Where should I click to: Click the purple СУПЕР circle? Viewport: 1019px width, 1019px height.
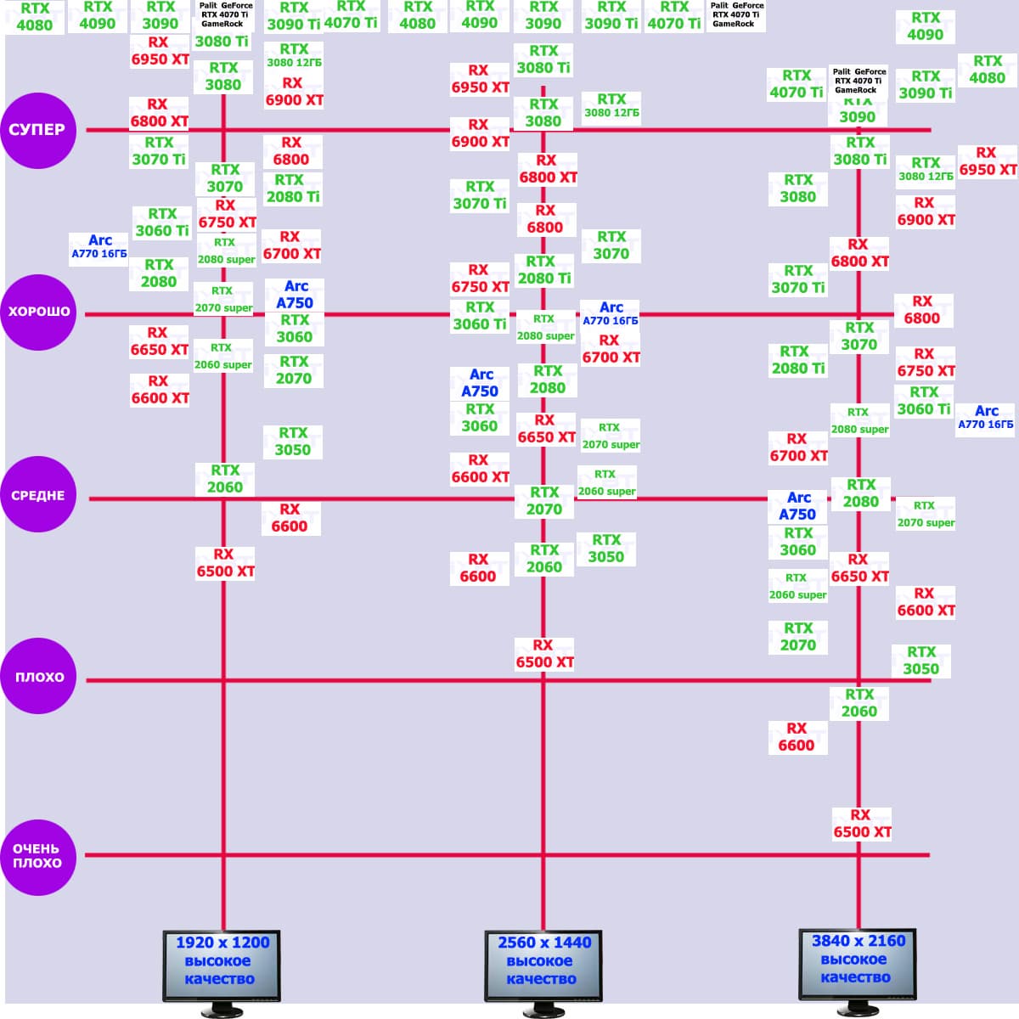tap(38, 130)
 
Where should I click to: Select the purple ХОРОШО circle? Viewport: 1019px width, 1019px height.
tap(38, 312)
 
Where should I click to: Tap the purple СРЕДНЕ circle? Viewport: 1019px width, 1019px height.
tap(38, 495)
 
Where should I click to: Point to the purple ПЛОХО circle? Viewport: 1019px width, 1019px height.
tap(38, 677)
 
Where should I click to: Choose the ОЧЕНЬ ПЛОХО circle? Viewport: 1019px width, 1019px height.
tap(38, 856)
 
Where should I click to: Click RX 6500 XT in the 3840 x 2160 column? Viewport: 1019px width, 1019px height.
tap(862, 824)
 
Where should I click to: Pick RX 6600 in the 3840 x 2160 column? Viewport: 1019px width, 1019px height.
tap(797, 737)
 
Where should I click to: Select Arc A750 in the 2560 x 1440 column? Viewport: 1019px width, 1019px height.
tap(480, 383)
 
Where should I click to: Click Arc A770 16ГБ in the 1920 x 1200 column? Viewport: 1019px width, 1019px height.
tap(99, 246)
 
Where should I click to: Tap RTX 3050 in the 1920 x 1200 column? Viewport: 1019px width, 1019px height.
tap(293, 442)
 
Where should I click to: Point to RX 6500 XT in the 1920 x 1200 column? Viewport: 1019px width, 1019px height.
tap(225, 563)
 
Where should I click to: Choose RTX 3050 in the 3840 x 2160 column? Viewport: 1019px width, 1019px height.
tap(921, 661)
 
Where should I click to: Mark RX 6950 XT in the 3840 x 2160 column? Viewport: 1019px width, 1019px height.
tap(988, 161)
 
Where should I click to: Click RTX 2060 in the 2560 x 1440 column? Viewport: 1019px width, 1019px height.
tap(544, 559)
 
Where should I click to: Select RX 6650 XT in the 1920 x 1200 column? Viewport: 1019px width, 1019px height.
tap(159, 341)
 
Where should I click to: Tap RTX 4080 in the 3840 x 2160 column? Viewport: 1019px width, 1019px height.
tap(988, 70)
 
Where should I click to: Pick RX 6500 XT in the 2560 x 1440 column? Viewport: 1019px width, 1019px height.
tap(544, 654)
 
